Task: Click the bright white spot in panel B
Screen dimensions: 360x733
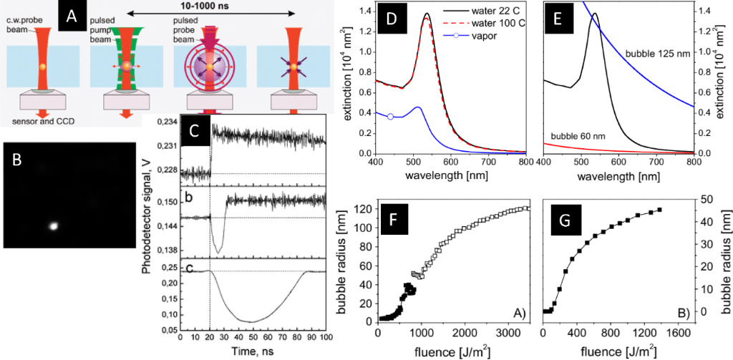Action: tap(54, 225)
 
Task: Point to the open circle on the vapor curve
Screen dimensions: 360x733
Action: tap(390, 116)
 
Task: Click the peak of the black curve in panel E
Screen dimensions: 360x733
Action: tap(594, 14)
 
